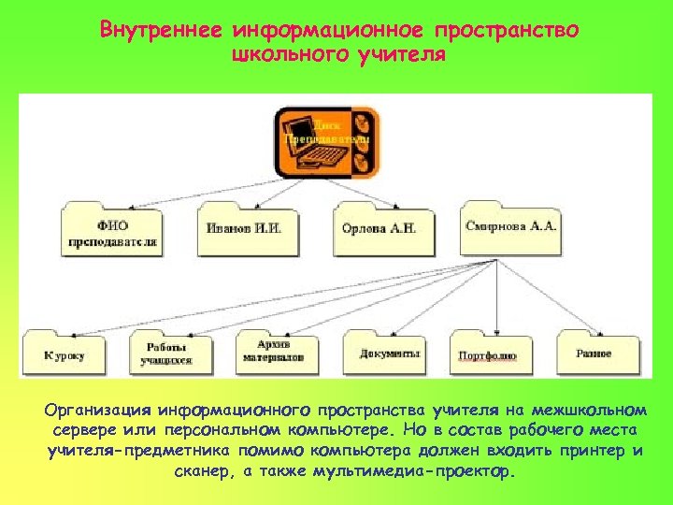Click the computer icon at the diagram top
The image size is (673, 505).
point(327,140)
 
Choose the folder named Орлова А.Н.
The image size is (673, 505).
point(379,229)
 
